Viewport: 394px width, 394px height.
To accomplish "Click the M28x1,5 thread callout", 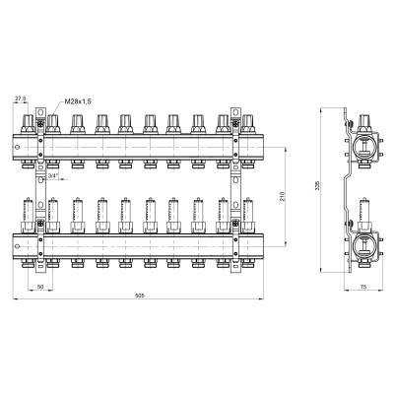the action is click(78, 101).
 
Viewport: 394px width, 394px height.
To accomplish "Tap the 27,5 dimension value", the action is click(20, 98).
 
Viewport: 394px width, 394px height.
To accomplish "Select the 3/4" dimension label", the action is click(53, 176).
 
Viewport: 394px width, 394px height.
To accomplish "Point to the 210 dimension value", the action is click(283, 196).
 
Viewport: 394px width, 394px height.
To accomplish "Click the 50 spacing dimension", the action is click(40, 287).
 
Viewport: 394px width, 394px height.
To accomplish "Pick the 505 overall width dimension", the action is click(140, 295).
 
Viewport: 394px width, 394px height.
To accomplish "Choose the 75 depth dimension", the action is click(363, 287).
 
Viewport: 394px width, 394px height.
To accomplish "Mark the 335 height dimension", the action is click(318, 186).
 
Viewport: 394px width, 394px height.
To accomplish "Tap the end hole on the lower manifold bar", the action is click(18, 246).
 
